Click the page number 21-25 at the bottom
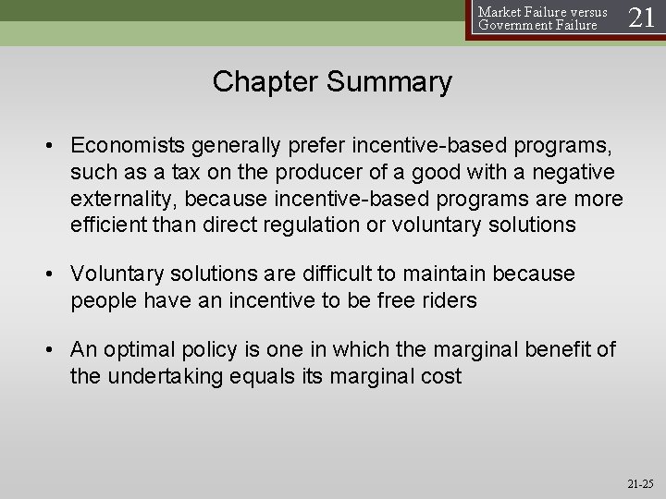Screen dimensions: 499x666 [637, 481]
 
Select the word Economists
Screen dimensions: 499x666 [130, 145]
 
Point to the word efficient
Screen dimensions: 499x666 [104, 225]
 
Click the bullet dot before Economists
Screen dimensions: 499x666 [56, 145]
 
